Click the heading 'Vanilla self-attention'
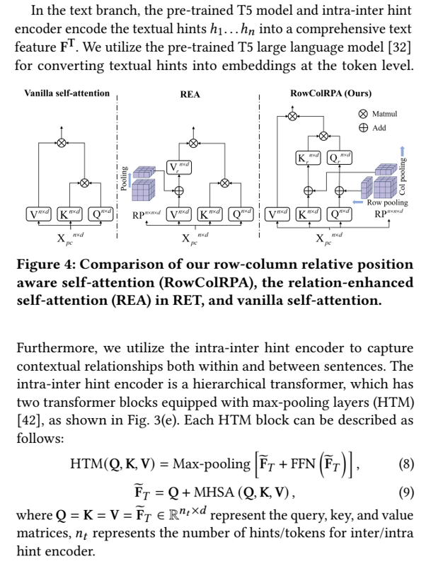tap(67, 93)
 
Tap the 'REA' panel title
tap(190, 95)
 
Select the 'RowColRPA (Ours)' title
tap(330, 93)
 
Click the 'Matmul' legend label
tap(384, 114)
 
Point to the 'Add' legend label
tap(379, 128)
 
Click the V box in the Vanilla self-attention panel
tap(39, 214)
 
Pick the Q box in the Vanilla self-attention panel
tap(100, 214)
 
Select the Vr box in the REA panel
tap(179, 168)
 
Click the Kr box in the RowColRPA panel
tap(309, 158)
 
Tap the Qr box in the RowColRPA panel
tap(340, 158)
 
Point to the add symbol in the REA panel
tap(178, 191)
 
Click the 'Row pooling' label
tap(387, 202)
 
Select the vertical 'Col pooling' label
tap(402, 176)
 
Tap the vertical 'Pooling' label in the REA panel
tap(125, 178)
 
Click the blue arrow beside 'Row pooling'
tap(358, 202)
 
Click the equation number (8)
tap(406, 464)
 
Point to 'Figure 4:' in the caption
tap(46, 265)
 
